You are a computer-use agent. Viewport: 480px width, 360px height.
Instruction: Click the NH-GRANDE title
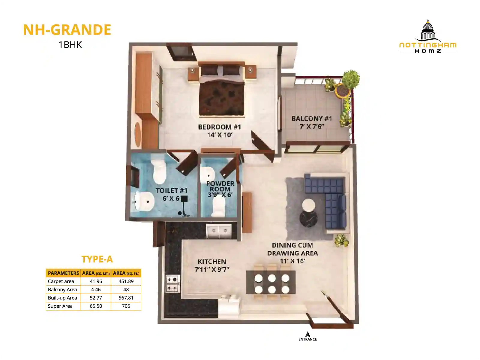click(x=67, y=30)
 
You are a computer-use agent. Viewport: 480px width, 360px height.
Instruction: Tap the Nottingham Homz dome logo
click(x=428, y=30)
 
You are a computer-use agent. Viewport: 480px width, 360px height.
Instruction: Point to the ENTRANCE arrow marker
click(x=308, y=334)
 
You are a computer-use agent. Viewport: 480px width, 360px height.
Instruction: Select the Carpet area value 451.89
click(x=126, y=281)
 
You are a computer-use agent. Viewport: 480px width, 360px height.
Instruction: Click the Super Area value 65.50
click(x=96, y=306)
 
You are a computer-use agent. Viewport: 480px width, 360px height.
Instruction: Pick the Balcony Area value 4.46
click(x=96, y=289)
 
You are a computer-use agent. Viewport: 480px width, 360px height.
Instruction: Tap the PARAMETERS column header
click(x=63, y=273)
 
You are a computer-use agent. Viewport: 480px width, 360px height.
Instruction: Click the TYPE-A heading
click(x=97, y=259)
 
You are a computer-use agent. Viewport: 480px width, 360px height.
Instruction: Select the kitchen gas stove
click(x=173, y=284)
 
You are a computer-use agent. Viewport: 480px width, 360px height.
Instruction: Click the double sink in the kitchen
click(x=219, y=231)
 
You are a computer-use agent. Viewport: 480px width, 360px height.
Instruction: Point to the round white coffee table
click(x=309, y=205)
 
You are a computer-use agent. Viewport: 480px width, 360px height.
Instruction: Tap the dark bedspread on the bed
click(x=221, y=98)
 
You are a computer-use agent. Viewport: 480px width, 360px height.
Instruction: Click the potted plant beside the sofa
click(x=341, y=240)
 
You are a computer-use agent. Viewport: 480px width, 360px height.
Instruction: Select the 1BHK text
click(x=70, y=45)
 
